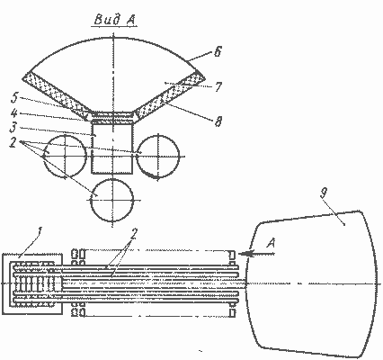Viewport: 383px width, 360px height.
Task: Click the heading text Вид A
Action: pyautogui.click(x=115, y=20)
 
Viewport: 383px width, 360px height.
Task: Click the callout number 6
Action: pyautogui.click(x=218, y=51)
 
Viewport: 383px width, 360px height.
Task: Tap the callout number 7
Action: pyautogui.click(x=218, y=86)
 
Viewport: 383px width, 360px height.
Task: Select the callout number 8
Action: pyautogui.click(x=218, y=121)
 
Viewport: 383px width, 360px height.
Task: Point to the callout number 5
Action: pyautogui.click(x=14, y=98)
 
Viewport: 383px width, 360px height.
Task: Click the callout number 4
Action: pyautogui.click(x=14, y=113)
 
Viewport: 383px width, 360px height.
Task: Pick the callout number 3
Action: pyautogui.click(x=13, y=128)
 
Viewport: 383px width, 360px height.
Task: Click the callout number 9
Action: pyautogui.click(x=323, y=193)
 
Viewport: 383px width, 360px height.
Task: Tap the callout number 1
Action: pyautogui.click(x=39, y=231)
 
